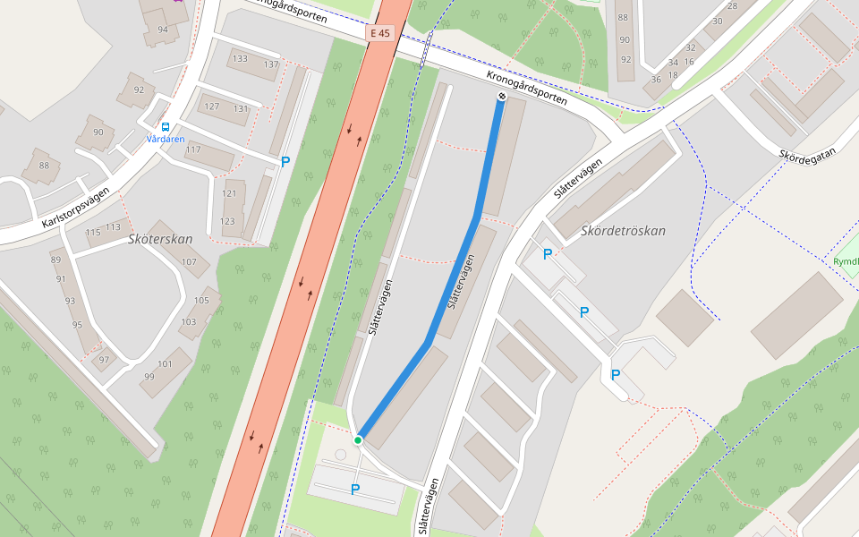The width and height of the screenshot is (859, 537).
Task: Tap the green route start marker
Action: click(358, 439)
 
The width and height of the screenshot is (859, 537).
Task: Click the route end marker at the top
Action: click(501, 96)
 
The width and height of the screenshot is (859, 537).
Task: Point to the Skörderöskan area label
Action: click(624, 231)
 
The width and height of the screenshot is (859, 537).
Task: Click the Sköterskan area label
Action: click(160, 240)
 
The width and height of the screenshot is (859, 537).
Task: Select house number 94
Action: click(163, 30)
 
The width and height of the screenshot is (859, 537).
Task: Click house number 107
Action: click(189, 261)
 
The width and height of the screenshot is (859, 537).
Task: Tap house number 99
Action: click(149, 377)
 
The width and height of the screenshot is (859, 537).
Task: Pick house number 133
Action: click(239, 59)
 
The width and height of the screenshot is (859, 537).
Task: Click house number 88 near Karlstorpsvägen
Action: click(43, 165)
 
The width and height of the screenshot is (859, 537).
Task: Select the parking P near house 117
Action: click(285, 162)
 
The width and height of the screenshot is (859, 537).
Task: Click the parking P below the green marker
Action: click(355, 490)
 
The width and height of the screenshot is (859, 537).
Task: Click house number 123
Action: click(228, 221)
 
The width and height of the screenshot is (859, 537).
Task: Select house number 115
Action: click(93, 233)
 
